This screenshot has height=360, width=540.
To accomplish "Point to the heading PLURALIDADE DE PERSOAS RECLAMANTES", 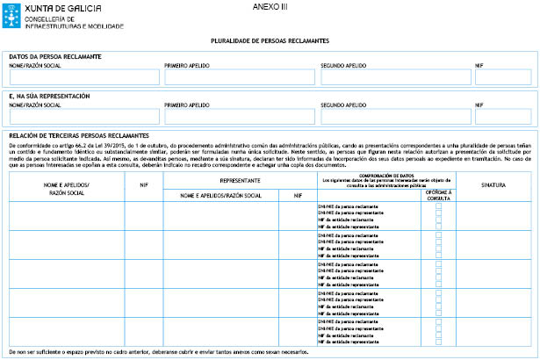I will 270,40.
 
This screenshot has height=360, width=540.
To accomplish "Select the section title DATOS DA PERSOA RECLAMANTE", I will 54,57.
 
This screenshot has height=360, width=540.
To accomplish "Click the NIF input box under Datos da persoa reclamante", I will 502,77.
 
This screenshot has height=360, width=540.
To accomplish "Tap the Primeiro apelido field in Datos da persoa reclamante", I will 238,77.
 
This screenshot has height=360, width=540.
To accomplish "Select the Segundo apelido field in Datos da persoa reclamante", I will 394,77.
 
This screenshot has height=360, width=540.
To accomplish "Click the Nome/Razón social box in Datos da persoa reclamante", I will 83,77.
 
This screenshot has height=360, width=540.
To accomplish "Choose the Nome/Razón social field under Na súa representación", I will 83,116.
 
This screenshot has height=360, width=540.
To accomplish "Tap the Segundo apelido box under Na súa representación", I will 394,116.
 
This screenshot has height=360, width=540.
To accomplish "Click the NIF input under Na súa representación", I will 502,116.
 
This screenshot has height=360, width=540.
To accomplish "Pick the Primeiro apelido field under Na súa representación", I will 238,116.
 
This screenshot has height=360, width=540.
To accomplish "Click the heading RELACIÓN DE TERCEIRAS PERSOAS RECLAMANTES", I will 78,135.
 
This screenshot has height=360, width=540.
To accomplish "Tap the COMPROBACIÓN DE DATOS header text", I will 381,175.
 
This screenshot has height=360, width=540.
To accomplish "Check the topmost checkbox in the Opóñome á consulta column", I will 438,205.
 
